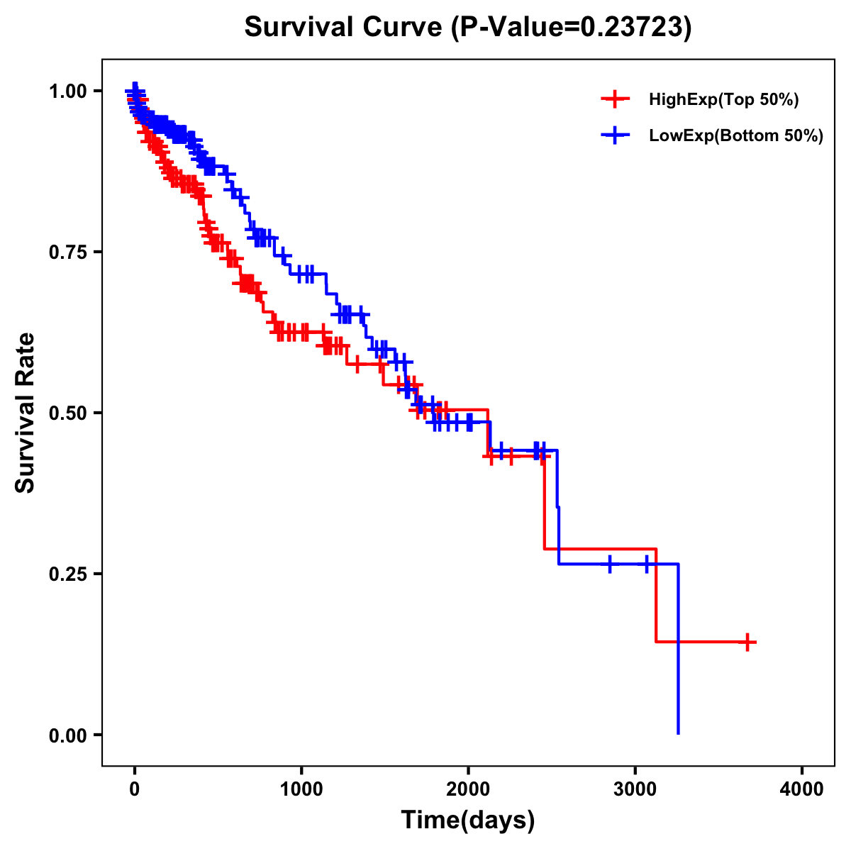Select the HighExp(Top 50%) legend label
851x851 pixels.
pos(723,100)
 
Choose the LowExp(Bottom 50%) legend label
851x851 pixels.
pos(735,136)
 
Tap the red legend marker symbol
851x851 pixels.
pos(615,100)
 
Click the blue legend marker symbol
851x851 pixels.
pos(615,136)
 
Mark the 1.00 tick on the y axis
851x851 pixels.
pos(67,91)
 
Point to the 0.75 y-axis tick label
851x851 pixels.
pos(67,252)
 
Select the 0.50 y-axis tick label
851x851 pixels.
pos(67,413)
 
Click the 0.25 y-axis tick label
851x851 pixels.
pos(67,574)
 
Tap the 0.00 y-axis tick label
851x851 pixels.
pos(67,735)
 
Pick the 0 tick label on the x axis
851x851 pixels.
pos(135,789)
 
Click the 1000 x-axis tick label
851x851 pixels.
pos(301,789)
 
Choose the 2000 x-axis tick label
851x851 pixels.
pos(468,789)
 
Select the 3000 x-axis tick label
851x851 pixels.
pos(635,789)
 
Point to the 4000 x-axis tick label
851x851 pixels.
pos(802,789)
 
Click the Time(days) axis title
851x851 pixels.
pos(468,820)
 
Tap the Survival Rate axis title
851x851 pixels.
pos(26,413)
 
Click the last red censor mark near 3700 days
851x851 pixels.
pos(747,642)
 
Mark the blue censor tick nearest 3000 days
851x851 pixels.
pos(647,564)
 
